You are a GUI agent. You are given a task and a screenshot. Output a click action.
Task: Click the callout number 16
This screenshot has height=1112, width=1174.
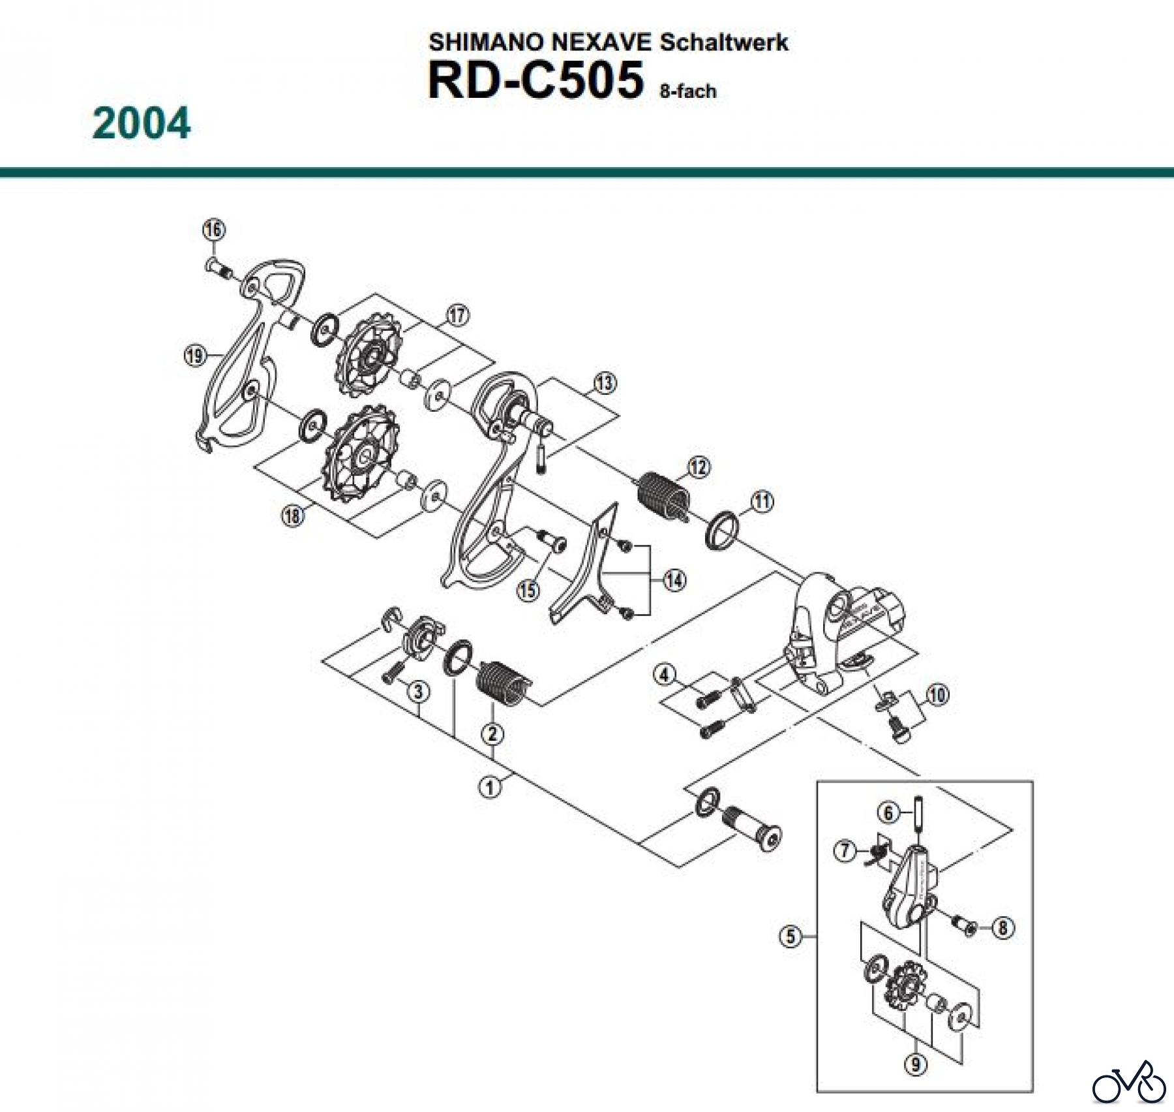coord(214,230)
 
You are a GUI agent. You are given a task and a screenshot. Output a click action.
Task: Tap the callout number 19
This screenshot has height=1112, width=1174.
coord(194,356)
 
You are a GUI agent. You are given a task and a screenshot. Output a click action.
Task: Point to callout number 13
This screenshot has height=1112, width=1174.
coord(604,383)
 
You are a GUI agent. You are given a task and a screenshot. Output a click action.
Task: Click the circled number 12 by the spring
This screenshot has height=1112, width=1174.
coord(699,467)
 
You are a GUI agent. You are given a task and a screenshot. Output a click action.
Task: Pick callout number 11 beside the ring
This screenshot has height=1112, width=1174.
coord(762,502)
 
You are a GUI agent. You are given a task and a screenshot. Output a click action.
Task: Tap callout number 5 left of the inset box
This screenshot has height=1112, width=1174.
coord(790,937)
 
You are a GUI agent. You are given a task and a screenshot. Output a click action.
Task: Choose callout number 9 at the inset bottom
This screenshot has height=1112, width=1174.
coord(916,1064)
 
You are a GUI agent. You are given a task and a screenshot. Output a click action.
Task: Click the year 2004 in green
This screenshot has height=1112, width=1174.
coord(142,123)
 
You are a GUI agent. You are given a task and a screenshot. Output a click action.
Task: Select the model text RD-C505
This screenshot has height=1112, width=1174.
coord(535,81)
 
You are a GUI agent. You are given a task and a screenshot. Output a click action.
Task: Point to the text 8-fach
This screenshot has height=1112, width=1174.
coord(688,91)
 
